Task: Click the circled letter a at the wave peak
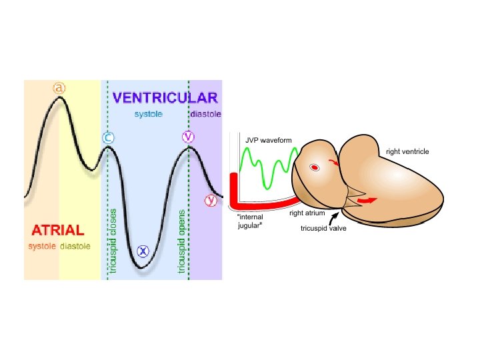click(60, 88)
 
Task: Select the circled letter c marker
click(108, 138)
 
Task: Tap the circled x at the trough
click(143, 251)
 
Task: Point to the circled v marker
click(189, 137)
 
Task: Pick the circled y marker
click(211, 199)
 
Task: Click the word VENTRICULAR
click(165, 98)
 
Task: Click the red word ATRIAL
click(58, 231)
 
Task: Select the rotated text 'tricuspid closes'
click(113, 241)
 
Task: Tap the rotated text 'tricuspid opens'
click(181, 241)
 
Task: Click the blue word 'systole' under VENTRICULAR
click(148, 114)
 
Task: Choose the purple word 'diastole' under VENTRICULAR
click(205, 114)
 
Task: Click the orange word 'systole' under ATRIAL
click(42, 246)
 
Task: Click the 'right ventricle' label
click(407, 152)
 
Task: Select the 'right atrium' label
click(306, 213)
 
